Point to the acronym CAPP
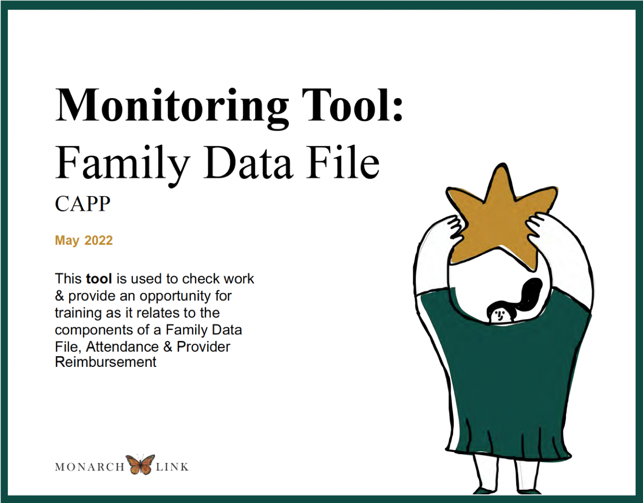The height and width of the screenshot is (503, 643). (82, 204)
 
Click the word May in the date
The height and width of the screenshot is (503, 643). (67, 241)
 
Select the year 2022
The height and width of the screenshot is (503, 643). (99, 241)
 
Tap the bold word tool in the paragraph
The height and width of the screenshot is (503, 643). (99, 279)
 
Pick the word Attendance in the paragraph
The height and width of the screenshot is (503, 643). (122, 347)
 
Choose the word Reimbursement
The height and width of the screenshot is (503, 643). (105, 362)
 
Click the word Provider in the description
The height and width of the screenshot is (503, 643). (203, 347)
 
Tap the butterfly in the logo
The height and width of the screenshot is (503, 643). (140, 464)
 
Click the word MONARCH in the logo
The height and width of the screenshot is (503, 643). (90, 467)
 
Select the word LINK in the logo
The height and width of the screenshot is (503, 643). (172, 467)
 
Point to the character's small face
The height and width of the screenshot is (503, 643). (499, 315)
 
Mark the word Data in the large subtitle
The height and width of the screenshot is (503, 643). (248, 163)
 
